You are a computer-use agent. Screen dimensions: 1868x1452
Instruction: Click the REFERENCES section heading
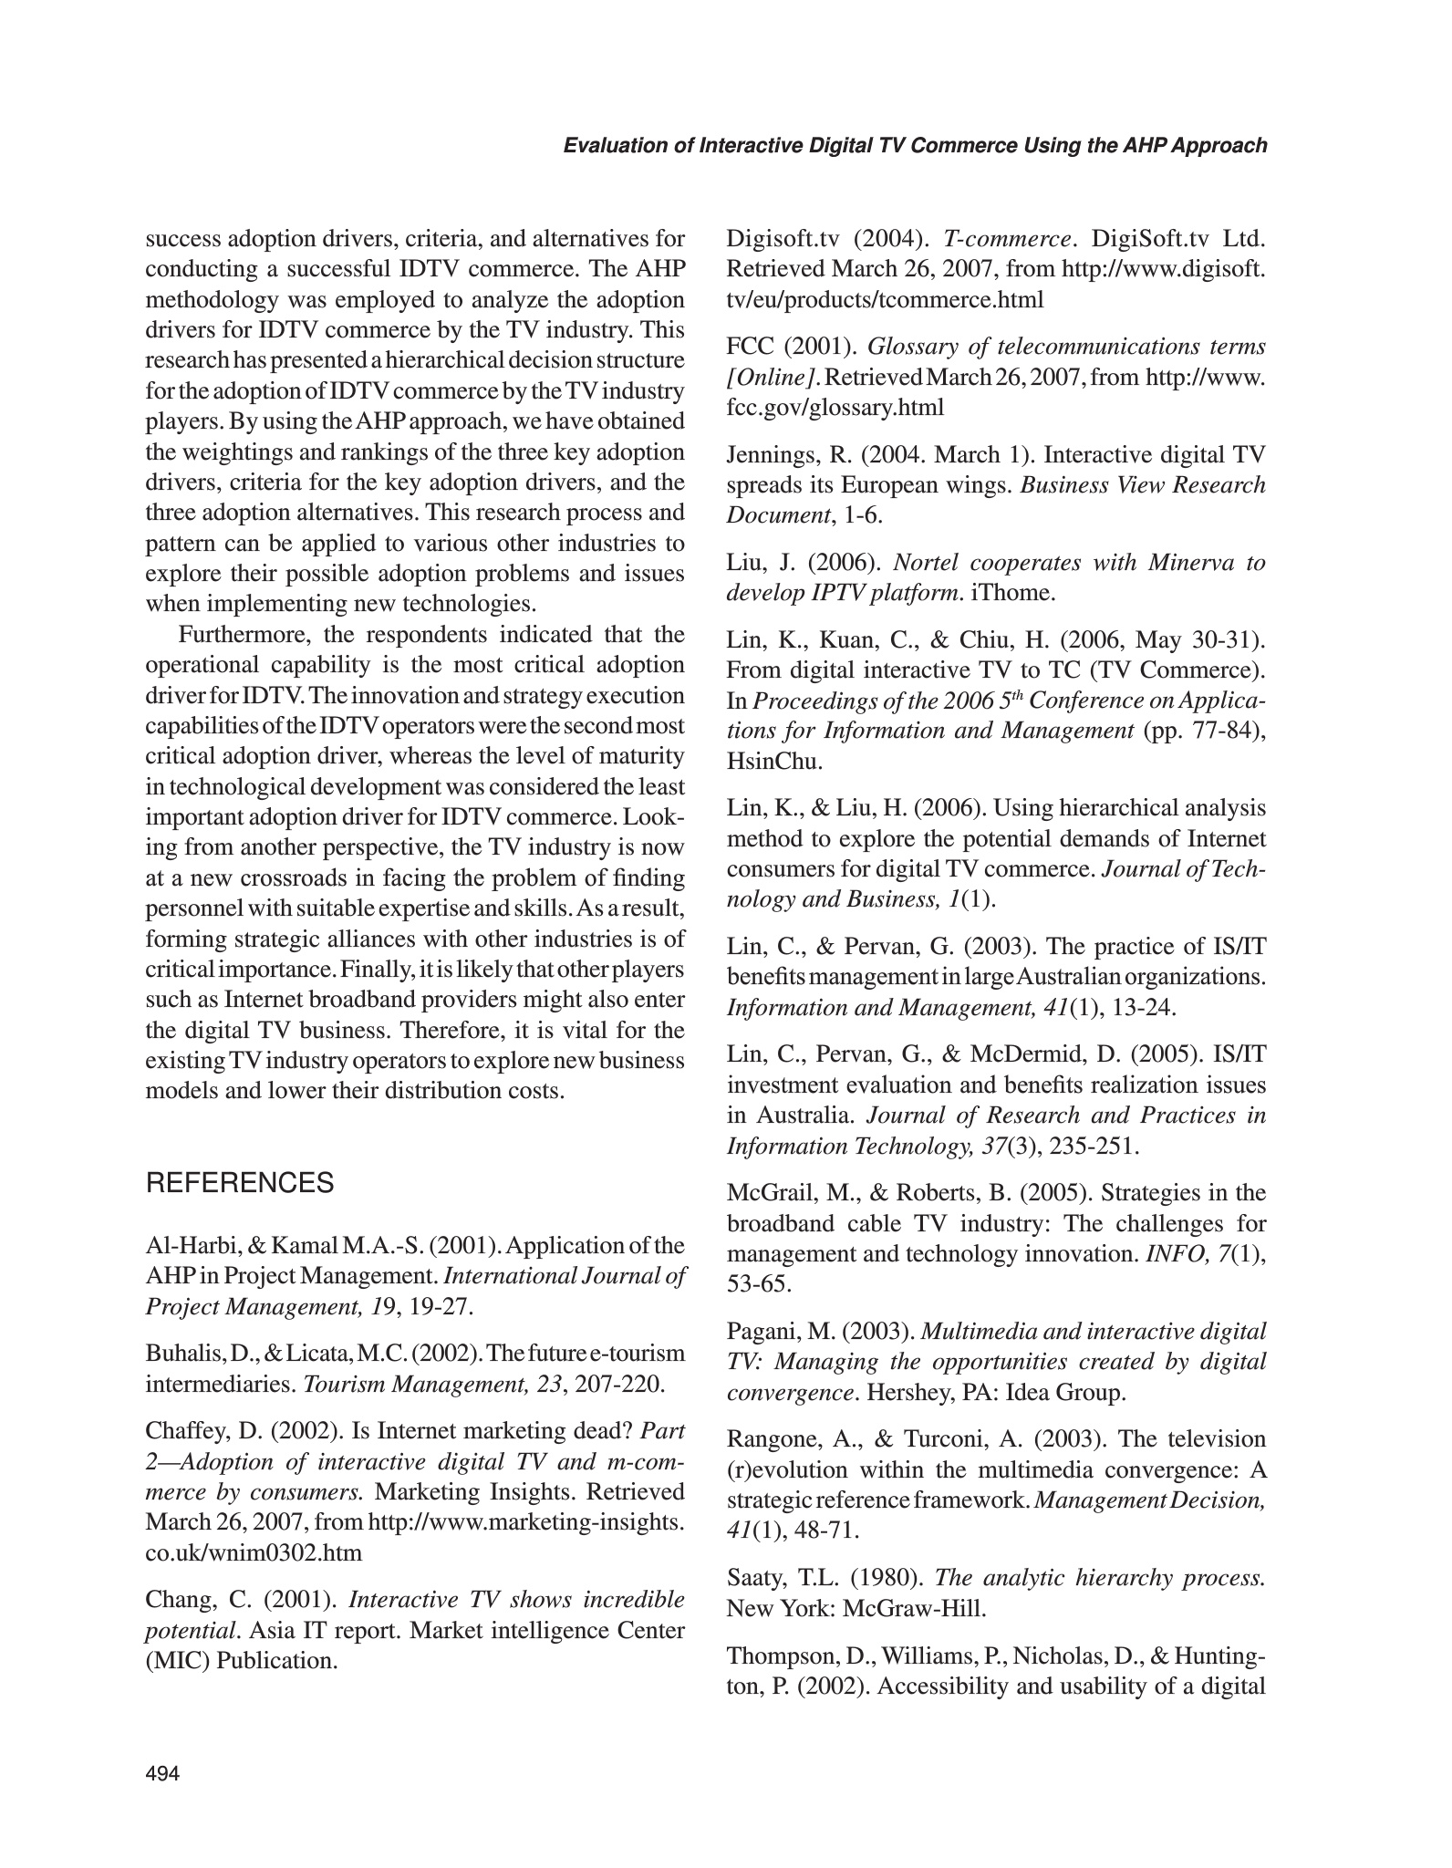click(x=240, y=1184)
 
